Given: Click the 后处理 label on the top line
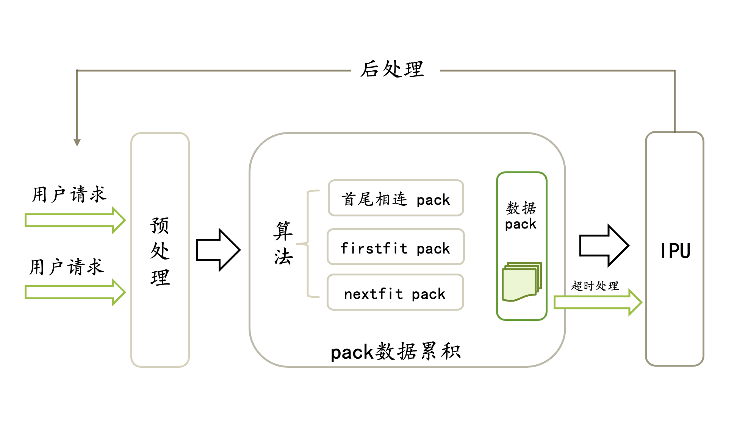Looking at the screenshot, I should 392,70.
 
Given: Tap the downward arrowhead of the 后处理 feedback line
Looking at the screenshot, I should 77,142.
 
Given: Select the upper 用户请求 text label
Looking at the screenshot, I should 69,194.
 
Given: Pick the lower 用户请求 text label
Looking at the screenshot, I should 67,267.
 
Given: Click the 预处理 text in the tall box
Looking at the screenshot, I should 160,251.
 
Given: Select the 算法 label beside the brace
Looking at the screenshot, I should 283,243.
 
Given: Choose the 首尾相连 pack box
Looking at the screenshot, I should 396,198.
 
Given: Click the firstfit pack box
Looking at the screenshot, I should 396,247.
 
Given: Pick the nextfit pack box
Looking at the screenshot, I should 395,292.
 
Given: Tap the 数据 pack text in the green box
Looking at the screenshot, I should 521,216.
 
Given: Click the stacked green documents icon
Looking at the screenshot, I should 521,281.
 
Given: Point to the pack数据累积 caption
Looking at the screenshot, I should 396,351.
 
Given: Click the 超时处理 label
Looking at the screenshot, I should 595,286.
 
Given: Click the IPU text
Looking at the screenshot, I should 675,251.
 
